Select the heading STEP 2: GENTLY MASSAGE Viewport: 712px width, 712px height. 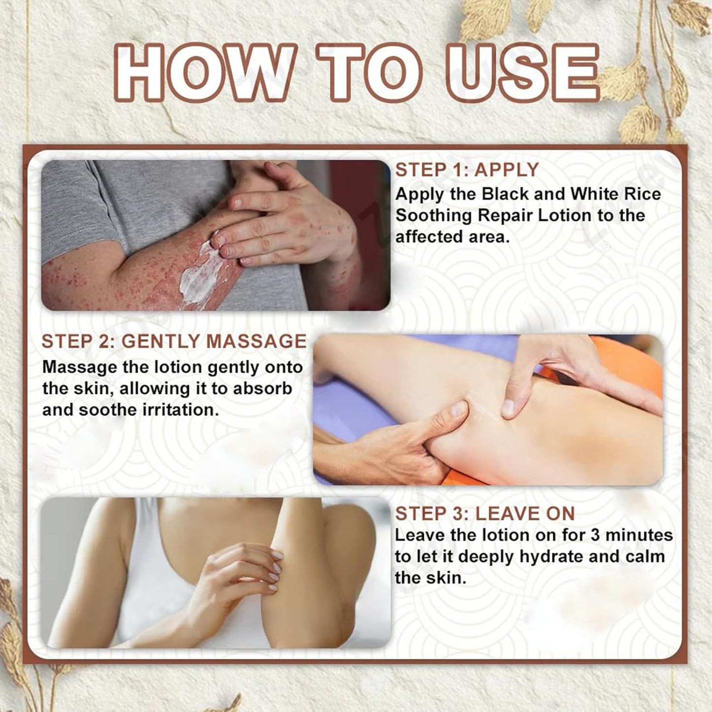[x=174, y=341]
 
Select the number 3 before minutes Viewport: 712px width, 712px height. [x=595, y=536]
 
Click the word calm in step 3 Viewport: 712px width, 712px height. [x=645, y=557]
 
